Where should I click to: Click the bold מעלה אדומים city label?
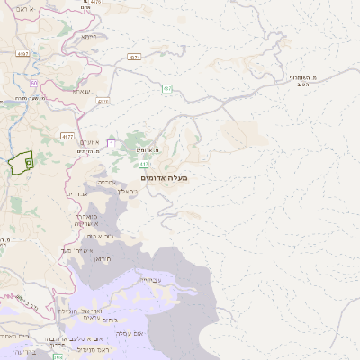[165, 178]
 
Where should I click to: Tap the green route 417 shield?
[145, 163]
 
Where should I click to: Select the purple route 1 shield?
[111, 142]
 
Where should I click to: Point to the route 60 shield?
[34, 83]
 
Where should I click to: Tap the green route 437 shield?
[167, 88]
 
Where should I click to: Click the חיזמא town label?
[88, 37]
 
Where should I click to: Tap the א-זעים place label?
[88, 142]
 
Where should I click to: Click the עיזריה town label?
[105, 183]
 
